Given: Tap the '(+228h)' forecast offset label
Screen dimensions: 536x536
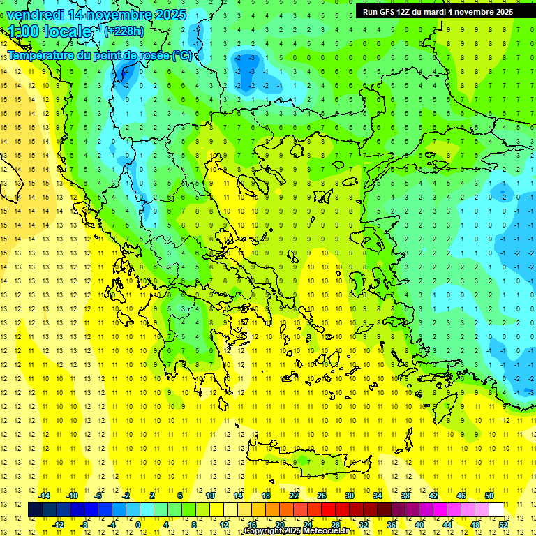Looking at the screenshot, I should point(124,31).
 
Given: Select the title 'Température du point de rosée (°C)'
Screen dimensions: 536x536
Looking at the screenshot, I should point(100,56).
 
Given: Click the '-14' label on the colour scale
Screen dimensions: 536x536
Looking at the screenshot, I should point(43,496).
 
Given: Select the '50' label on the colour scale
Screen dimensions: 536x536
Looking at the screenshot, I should point(489,496).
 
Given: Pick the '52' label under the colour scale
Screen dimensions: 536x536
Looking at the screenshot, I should point(504,525).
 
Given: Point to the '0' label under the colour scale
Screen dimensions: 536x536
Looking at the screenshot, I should point(138,525).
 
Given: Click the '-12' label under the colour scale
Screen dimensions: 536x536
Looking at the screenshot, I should point(57,525).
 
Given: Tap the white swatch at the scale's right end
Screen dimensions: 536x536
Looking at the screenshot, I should point(496,510).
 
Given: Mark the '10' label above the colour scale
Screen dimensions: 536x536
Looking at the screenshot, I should point(209,496).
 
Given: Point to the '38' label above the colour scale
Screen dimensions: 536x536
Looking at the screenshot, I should point(405,496).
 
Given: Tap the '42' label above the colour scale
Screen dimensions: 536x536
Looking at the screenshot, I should point(433,496).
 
